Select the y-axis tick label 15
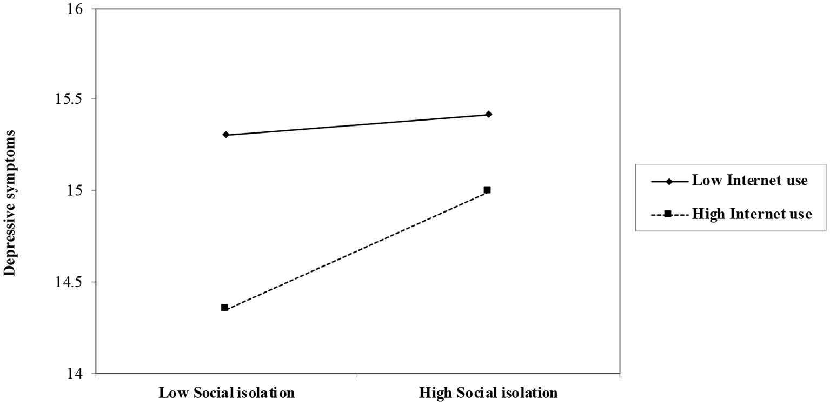pos(76,190)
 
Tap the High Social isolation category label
pos(488,392)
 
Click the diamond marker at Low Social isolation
pos(225,135)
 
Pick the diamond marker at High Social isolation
pos(488,114)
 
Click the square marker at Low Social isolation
pos(224,308)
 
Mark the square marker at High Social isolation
pos(487,190)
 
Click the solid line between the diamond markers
pos(357,124)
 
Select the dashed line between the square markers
pos(356,249)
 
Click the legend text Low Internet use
pos(749,181)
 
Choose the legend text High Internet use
pos(752,214)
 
